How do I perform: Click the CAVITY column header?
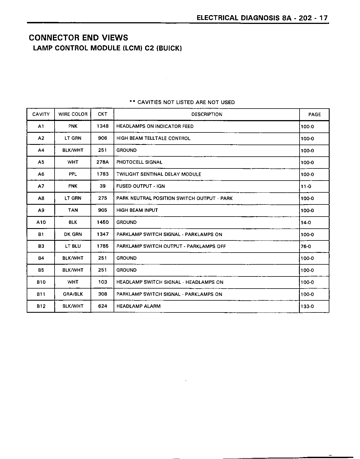[x=41, y=114]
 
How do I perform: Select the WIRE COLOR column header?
[x=73, y=114]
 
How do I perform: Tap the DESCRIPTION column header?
[x=207, y=114]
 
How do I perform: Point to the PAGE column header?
[x=314, y=114]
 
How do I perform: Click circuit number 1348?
[x=102, y=126]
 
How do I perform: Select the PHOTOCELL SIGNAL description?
[x=139, y=162]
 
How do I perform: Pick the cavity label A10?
[x=41, y=222]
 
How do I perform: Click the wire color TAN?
[x=73, y=210]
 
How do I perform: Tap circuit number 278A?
[x=102, y=162]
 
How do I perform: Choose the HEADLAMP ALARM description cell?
[x=138, y=306]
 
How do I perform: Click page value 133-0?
[x=307, y=307]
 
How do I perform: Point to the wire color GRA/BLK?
[x=73, y=294]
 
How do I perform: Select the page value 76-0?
[x=306, y=247]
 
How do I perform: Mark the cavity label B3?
[x=41, y=246]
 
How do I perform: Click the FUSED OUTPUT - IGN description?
[x=141, y=186]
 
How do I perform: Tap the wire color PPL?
[x=73, y=174]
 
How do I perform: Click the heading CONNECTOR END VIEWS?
[x=78, y=38]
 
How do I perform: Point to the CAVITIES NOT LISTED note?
[x=182, y=102]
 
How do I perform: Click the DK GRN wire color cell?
[x=73, y=235]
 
